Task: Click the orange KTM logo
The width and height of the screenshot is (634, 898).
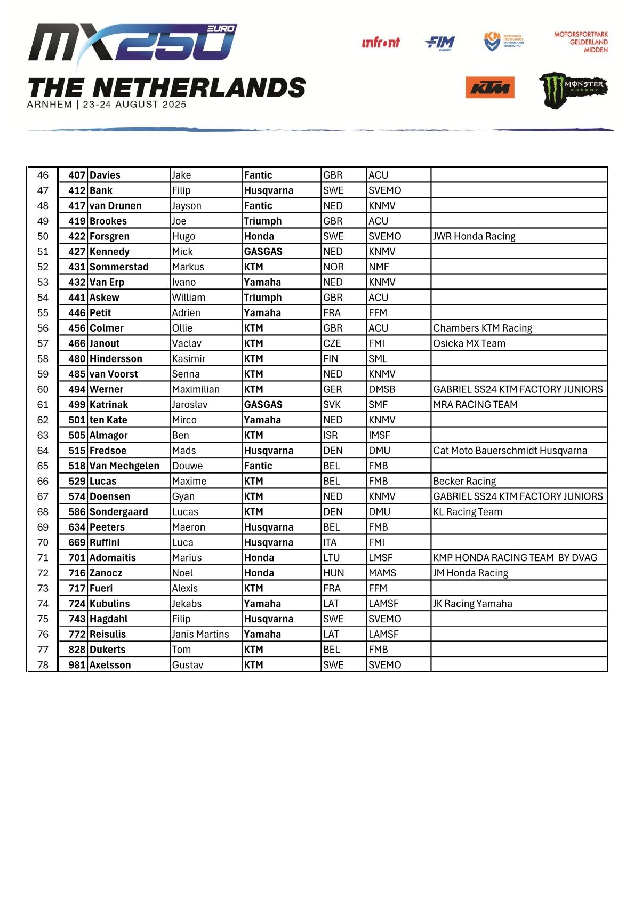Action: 489,87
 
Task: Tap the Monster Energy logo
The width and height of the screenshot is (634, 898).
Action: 573,89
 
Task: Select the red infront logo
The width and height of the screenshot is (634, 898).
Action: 380,43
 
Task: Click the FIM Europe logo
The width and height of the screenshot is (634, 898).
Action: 440,43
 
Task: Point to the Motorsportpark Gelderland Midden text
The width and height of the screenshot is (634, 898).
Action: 581,42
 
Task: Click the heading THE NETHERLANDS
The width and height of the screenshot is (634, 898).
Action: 166,87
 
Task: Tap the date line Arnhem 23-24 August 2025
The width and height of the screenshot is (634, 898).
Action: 107,105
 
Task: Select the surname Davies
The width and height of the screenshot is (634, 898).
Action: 105,175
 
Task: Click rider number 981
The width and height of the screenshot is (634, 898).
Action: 77,665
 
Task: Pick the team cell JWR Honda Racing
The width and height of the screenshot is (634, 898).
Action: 474,236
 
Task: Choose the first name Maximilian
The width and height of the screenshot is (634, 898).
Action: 196,389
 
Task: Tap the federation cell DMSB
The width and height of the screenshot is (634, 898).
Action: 382,389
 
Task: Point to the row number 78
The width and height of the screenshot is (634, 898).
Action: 43,665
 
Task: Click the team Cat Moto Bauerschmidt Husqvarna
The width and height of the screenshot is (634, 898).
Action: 510,451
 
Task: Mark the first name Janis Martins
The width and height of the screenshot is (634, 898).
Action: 200,634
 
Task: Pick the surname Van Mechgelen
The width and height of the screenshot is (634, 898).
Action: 124,466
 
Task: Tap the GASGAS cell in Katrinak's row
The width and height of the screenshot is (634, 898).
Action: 263,405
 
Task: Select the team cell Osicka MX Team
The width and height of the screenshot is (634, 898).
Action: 469,343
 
